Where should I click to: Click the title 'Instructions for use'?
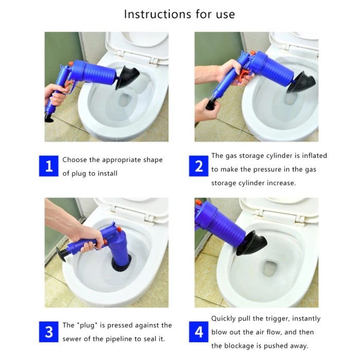click(179, 14)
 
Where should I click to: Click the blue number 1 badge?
click(49, 167)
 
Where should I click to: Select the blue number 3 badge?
click(49, 332)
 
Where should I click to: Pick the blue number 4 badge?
click(199, 332)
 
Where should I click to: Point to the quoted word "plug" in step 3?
click(86, 325)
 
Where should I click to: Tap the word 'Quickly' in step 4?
click(225, 319)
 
